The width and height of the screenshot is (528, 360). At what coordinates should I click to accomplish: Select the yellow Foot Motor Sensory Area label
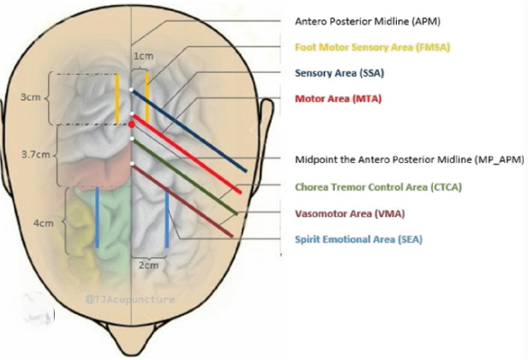click(372, 47)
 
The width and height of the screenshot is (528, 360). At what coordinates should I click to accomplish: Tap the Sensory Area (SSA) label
click(339, 74)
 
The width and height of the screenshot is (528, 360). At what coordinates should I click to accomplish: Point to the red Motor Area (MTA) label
click(337, 99)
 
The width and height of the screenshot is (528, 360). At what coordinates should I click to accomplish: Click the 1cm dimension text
click(143, 56)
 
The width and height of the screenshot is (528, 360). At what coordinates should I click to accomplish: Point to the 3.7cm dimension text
click(35, 155)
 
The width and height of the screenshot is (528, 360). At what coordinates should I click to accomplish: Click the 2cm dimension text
click(149, 265)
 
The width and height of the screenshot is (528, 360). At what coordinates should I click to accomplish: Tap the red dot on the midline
click(131, 125)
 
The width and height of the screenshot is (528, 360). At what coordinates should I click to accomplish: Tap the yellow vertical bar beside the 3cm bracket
click(118, 98)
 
